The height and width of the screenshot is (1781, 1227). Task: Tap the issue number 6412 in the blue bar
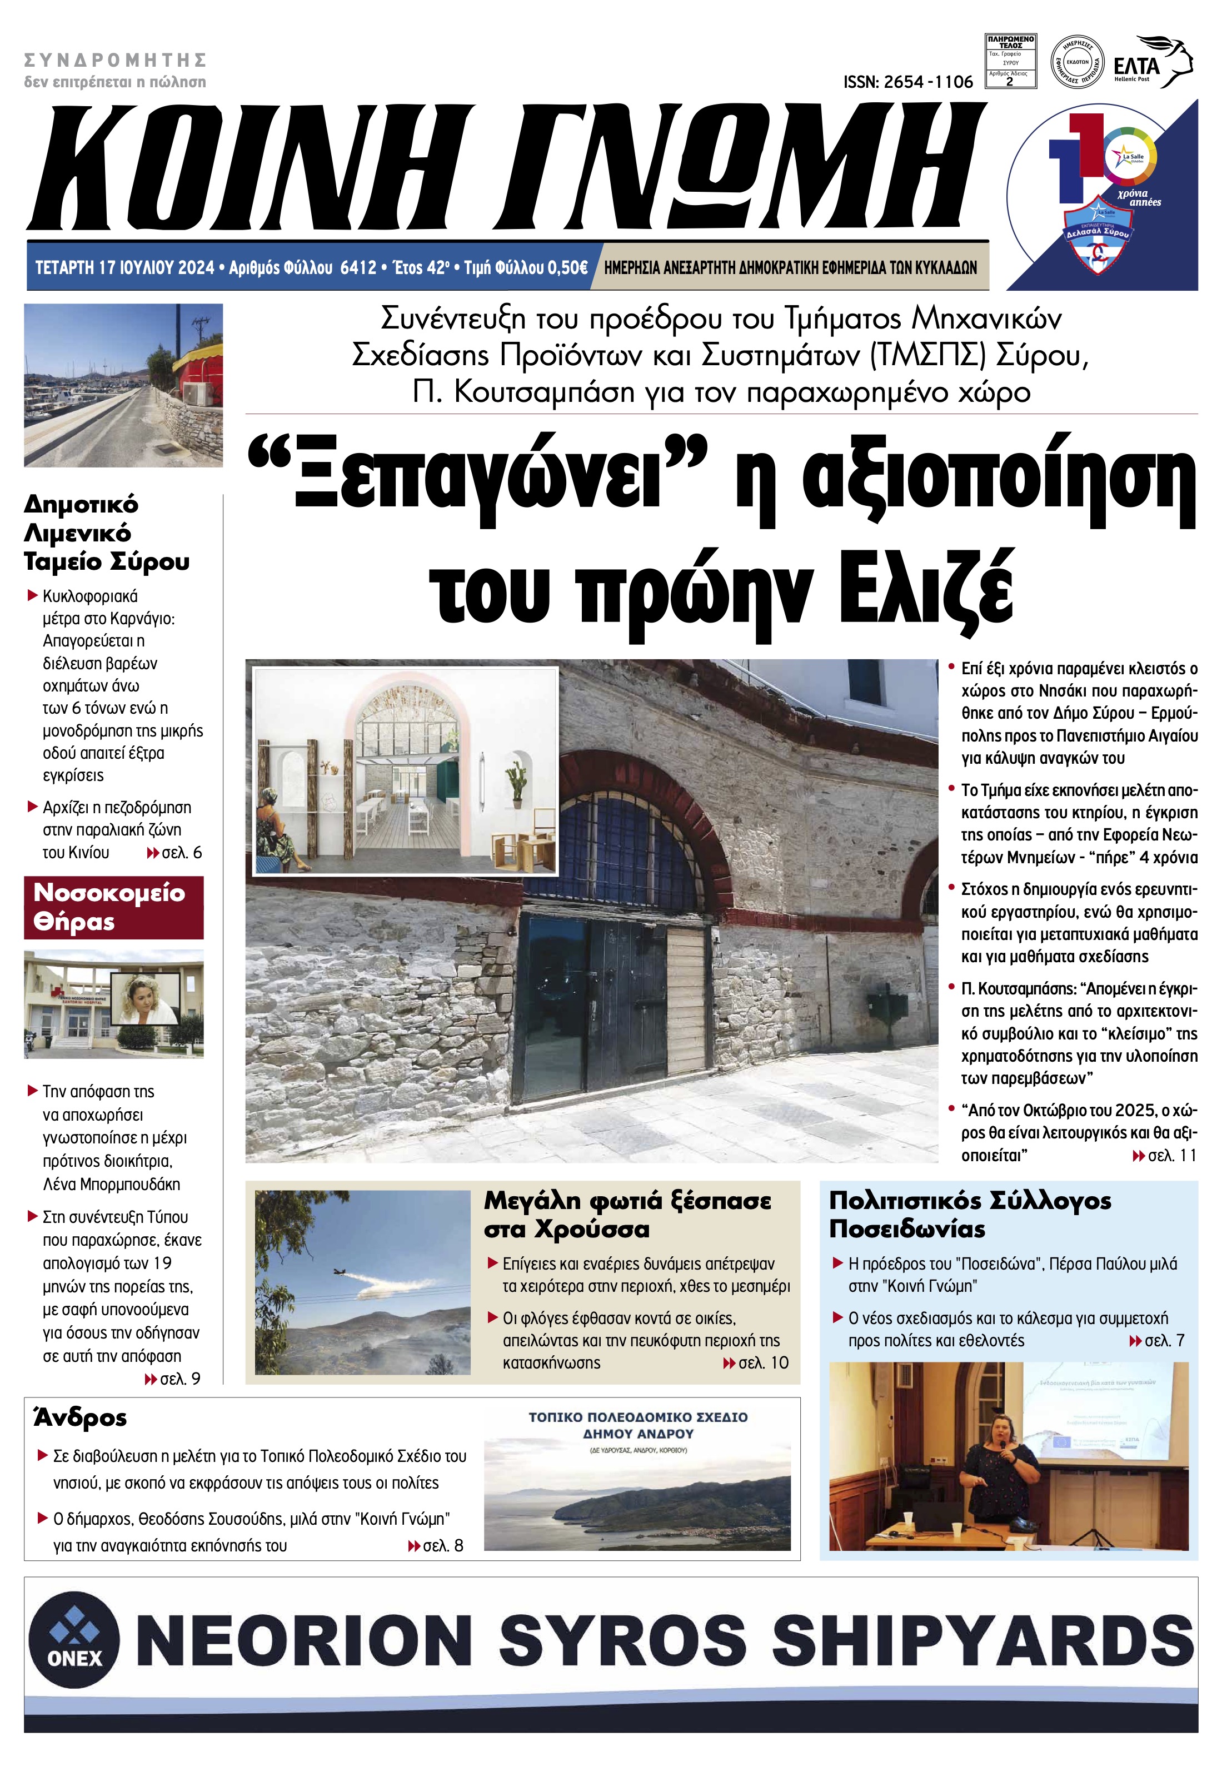[x=358, y=267]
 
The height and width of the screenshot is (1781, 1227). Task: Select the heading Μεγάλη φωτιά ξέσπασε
[x=627, y=1201]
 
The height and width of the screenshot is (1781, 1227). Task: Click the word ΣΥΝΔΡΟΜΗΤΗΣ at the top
[x=116, y=60]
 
